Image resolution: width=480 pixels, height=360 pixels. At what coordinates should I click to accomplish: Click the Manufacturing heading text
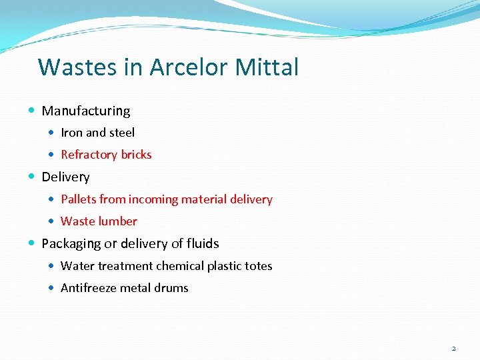[x=86, y=111]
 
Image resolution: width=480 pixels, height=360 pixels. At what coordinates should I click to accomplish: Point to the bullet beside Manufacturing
[x=33, y=111]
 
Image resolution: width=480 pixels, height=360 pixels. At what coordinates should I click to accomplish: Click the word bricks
[x=136, y=155]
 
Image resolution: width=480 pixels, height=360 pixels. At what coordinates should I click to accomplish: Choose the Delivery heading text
[x=65, y=177]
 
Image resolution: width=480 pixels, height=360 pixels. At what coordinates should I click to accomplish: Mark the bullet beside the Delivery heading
[x=33, y=177]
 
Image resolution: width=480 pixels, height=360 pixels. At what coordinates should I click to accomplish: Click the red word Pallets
[x=78, y=199]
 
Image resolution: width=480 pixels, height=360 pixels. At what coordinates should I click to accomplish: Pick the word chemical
[x=180, y=266]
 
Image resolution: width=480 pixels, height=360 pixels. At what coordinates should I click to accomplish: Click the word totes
[x=257, y=266]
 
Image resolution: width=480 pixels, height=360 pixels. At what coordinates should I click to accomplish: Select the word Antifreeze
[x=90, y=288]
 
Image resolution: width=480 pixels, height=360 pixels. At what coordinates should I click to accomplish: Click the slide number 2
[x=453, y=348]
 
